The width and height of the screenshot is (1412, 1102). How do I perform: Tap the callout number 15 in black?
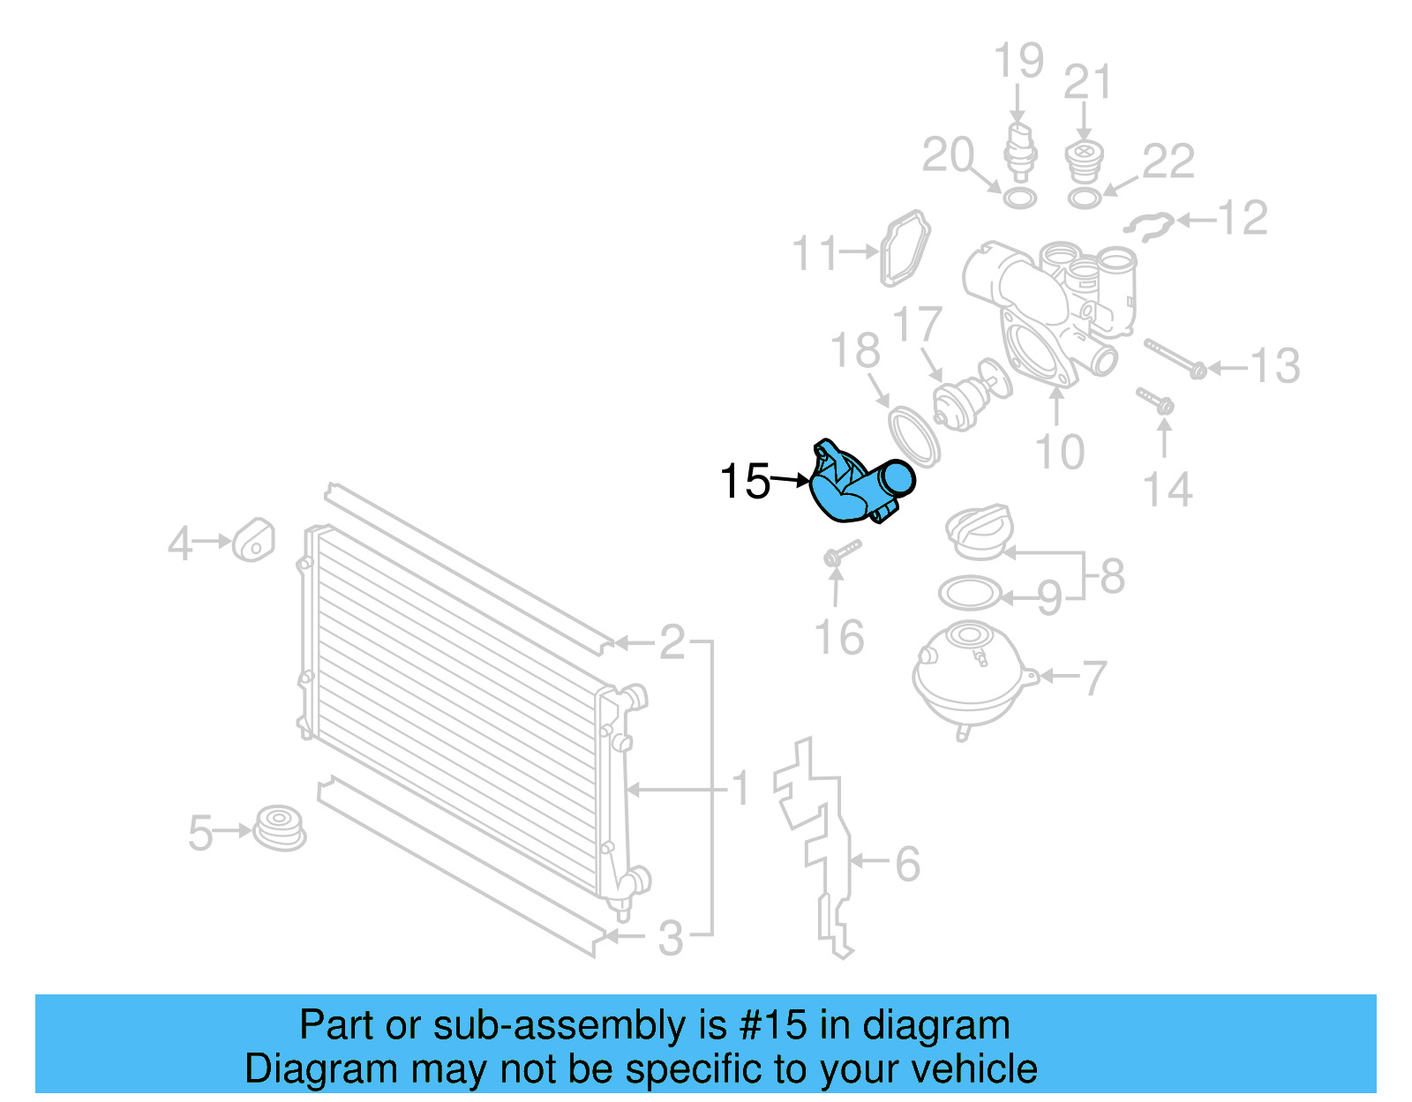[x=745, y=482]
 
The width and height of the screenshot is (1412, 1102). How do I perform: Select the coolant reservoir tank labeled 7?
[x=969, y=676]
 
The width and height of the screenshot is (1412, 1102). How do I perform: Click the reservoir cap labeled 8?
[x=978, y=532]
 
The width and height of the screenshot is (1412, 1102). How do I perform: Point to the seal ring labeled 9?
[x=970, y=593]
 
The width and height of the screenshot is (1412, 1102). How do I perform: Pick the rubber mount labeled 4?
[x=253, y=539]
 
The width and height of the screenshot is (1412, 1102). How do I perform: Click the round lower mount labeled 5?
[x=280, y=827]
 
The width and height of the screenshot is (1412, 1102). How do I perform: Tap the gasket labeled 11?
[x=905, y=249]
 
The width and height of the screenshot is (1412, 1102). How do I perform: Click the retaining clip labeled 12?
[x=1149, y=226]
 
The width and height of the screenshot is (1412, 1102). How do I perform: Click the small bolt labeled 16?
[x=840, y=553]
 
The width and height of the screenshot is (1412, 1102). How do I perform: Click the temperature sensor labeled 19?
[x=1019, y=150]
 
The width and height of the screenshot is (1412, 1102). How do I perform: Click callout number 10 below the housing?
[x=1059, y=453]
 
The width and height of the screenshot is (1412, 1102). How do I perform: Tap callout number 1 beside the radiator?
[x=740, y=788]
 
